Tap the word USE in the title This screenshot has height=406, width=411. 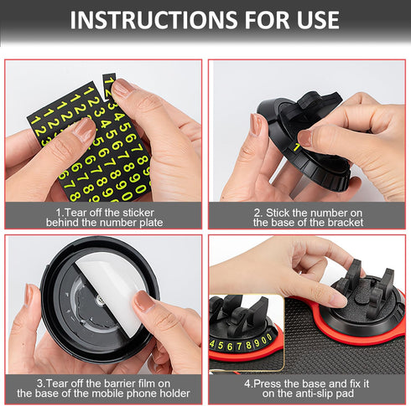coord(311,20)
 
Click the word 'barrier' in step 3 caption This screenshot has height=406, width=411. coord(122,383)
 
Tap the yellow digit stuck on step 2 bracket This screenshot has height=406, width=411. coord(296,147)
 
